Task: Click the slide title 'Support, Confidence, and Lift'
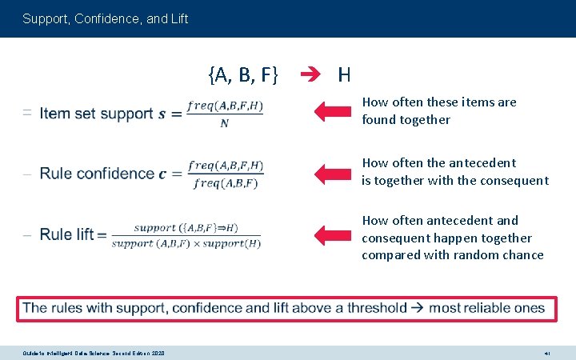(106, 18)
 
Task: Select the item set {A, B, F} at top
(242, 75)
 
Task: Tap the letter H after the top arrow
(344, 75)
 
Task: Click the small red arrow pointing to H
(310, 75)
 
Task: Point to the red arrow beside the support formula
(334, 111)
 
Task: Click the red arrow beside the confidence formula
(334, 172)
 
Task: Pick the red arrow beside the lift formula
(334, 234)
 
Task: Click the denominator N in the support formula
(225, 123)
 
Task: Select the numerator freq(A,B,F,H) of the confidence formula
(226, 166)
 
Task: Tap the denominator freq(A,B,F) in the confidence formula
(226, 183)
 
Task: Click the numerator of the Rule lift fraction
(186, 227)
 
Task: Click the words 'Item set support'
(96, 113)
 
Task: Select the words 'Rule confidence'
(97, 174)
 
